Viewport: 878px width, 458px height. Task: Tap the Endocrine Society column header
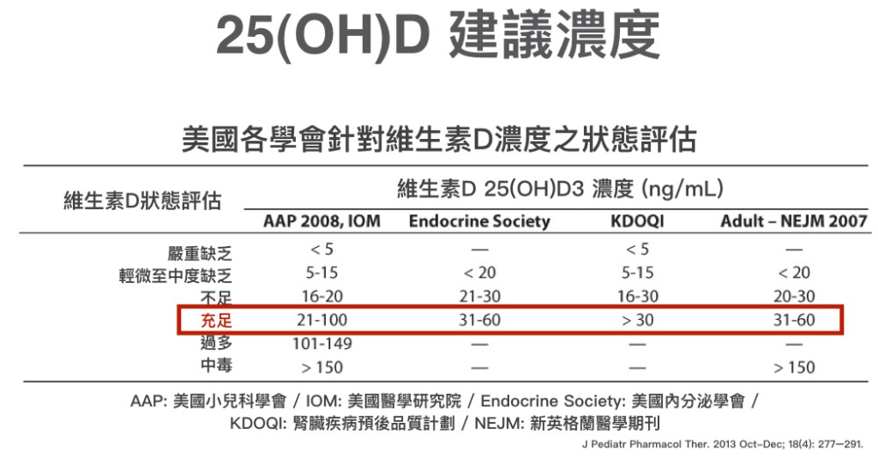coord(479,221)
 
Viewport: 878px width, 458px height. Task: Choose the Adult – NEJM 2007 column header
coord(794,221)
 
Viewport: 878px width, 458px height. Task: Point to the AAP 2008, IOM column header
coord(321,221)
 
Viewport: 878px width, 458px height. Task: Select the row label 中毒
coord(216,367)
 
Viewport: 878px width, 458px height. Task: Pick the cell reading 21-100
coord(321,321)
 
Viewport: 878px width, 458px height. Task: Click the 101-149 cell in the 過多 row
coord(321,344)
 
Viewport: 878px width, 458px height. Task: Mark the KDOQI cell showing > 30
coord(637,321)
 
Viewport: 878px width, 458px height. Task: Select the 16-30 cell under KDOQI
coord(637,297)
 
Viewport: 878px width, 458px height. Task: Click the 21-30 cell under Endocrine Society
coord(479,297)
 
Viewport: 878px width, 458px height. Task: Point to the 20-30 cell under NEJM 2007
coord(794,297)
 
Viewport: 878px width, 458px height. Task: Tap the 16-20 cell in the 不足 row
coord(321,297)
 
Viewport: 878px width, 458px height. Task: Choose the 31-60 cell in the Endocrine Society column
coord(479,321)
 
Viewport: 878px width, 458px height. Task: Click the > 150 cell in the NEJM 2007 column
coord(794,367)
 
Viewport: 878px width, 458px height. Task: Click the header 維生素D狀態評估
coord(142,200)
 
